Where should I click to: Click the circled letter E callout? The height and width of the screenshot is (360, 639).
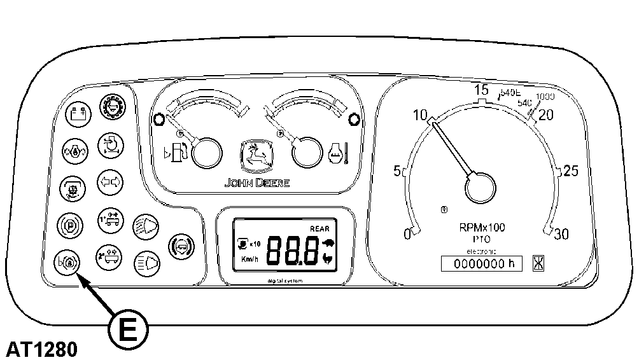128,329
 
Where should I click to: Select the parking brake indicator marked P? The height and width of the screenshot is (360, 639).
70,224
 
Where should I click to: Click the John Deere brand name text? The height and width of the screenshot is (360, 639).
256,183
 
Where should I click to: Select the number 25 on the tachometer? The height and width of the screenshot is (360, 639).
571,170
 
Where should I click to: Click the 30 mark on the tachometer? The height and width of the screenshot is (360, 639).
561,234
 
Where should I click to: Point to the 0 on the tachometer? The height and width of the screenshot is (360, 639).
407,235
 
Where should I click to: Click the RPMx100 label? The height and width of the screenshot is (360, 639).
482,228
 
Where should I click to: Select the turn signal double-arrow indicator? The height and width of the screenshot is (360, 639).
110,182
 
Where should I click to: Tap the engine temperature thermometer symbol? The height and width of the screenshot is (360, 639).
337,153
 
